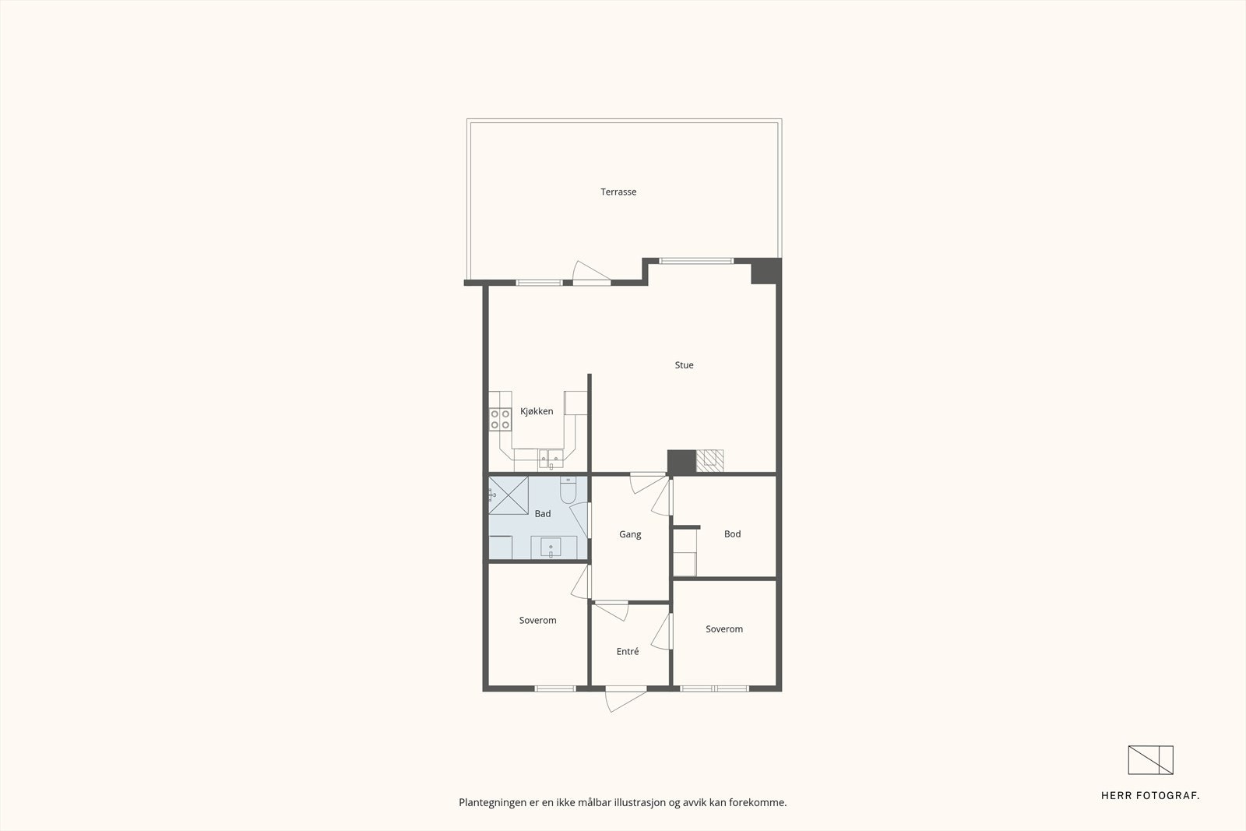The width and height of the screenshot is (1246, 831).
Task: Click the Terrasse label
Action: coord(618,192)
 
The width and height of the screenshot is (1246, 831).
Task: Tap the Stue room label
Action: coord(684,364)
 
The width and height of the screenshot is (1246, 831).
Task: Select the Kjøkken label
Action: coord(537,411)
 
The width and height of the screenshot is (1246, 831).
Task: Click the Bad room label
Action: coord(543,513)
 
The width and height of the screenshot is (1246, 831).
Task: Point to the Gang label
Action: coord(630,534)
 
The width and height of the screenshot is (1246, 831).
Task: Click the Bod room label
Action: coord(732,533)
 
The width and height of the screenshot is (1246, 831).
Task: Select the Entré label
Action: coord(628,651)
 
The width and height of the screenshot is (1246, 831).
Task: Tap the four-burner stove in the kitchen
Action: coord(500,420)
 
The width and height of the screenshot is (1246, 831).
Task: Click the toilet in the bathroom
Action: coord(568,491)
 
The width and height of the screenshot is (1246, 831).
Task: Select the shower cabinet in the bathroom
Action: coord(509,495)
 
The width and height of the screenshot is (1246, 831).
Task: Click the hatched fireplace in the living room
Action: coord(709,461)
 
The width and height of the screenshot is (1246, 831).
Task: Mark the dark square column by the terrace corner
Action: coord(765,271)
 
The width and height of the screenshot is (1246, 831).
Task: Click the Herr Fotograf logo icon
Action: coord(1150,760)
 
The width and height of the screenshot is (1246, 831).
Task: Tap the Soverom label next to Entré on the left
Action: coord(537,621)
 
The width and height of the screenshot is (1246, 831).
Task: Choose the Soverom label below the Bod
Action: coord(724,629)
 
